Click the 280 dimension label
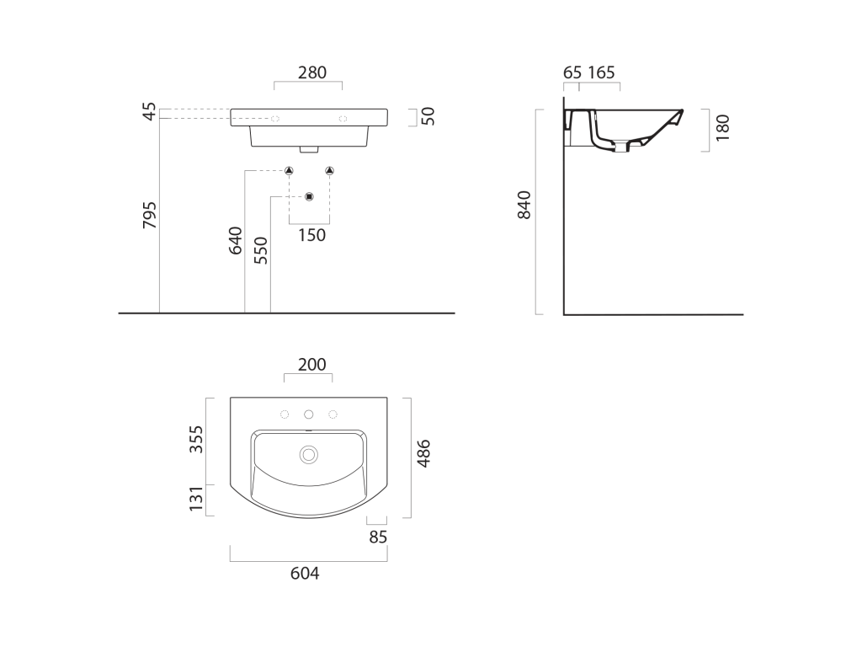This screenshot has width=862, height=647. point(311,72)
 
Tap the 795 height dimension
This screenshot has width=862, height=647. point(150,215)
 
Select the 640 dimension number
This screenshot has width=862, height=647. point(236,240)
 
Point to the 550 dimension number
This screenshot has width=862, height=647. point(261,250)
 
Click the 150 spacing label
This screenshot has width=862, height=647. point(311,236)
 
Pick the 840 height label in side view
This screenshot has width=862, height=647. point(524,205)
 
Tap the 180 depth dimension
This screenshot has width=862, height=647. point(722,128)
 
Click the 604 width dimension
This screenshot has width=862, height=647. point(305,573)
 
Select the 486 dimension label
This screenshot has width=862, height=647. point(423,453)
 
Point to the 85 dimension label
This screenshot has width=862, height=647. point(378,537)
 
